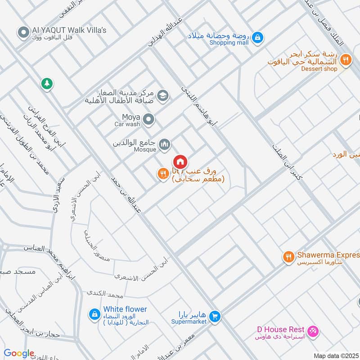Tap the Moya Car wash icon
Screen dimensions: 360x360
click(149, 120)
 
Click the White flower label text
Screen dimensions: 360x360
click(125, 309)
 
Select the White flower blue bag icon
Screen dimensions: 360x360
click(94, 314)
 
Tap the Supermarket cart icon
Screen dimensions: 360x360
click(216, 317)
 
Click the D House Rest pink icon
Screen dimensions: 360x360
click(314, 331)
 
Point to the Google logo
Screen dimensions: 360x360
click(19, 354)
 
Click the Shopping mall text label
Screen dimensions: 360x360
click(229, 43)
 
